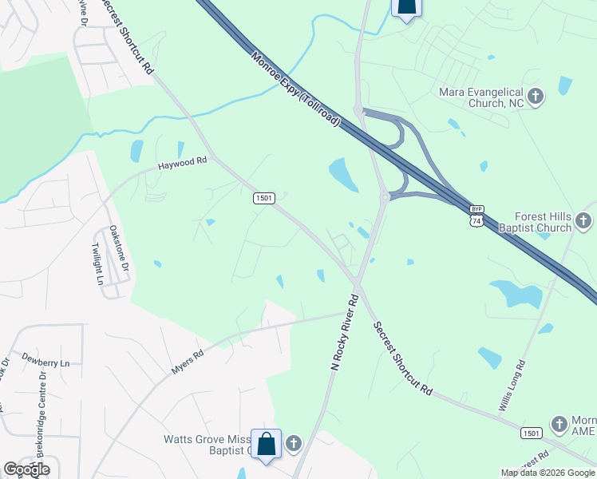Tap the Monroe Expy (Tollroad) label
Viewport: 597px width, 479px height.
click(295, 89)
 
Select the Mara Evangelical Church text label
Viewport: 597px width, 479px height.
click(481, 97)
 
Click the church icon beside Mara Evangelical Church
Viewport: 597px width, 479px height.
click(536, 97)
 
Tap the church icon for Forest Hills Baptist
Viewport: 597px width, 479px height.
click(583, 220)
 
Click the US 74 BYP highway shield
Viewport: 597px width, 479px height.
click(476, 217)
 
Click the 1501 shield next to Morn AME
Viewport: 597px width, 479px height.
click(532, 433)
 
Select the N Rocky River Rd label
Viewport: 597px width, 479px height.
click(346, 331)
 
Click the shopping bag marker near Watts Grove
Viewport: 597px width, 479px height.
click(265, 444)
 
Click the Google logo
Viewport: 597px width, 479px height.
click(26, 469)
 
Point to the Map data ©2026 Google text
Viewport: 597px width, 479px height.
click(547, 473)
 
